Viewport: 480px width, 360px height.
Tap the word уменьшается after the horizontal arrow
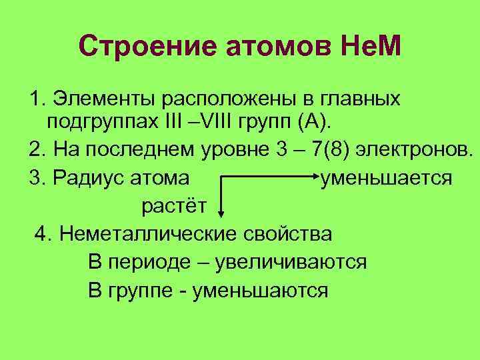tap(385, 178)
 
